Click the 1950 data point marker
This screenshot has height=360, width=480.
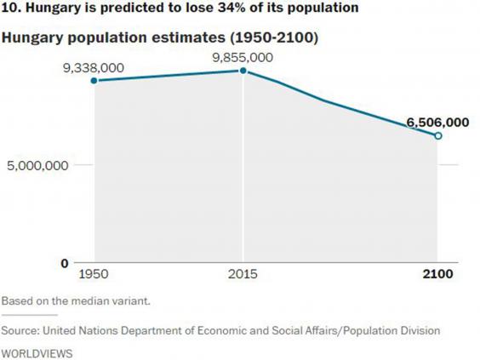(93, 81)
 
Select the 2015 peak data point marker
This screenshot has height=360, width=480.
(243, 71)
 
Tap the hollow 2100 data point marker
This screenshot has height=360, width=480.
(438, 135)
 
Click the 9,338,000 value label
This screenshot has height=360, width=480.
(94, 66)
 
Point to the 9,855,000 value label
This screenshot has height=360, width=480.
(244, 57)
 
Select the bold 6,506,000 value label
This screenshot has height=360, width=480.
(436, 122)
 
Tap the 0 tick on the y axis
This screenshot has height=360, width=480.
(64, 263)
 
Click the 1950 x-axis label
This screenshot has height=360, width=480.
(93, 275)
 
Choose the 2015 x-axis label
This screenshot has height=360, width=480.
(243, 275)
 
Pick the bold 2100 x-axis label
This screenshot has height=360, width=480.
(438, 275)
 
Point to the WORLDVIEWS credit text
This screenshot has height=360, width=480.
(37, 351)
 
